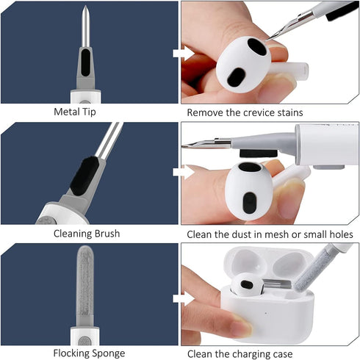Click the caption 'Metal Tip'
[x=89, y=112]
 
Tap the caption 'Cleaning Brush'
[x=89, y=234]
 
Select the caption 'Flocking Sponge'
[x=89, y=353]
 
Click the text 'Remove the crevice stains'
[x=245, y=112]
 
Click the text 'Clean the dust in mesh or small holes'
[x=270, y=234]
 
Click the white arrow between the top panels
[x=177, y=53]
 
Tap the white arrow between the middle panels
[x=177, y=173]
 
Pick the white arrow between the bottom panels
[x=177, y=298]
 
